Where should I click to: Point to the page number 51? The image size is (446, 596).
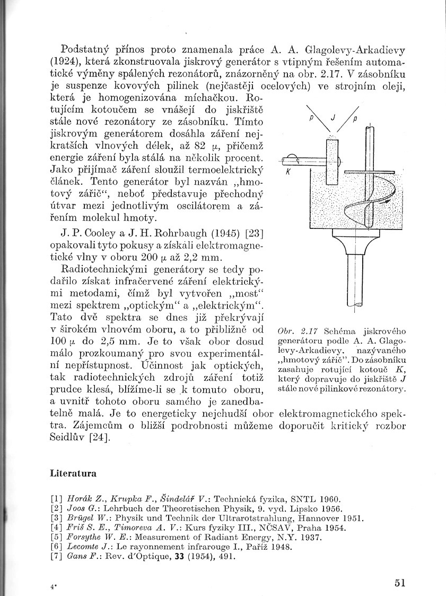tap(400, 583)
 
